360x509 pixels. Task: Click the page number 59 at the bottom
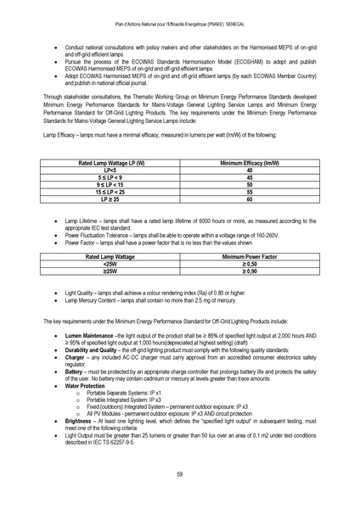pos(180,473)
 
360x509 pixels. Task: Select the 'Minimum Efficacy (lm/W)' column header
pos(249,161)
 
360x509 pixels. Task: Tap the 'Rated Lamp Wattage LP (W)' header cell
pos(109,161)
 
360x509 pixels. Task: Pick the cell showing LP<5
pos(109,169)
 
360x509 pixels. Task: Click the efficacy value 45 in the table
pos(249,176)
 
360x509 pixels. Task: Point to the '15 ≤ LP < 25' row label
pos(109,192)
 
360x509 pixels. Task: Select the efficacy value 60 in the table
pos(249,199)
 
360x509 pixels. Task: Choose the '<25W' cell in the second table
pos(110,263)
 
